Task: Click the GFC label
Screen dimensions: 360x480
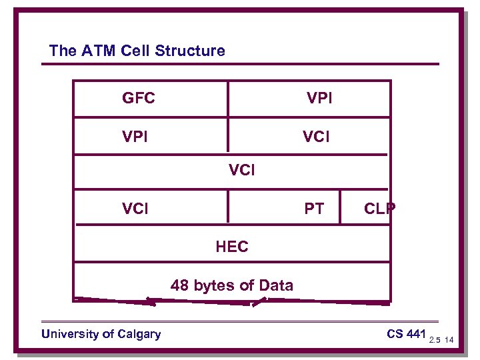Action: [139, 99]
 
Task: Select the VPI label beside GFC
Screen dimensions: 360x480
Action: [319, 99]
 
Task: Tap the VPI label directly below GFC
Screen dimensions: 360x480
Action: [135, 137]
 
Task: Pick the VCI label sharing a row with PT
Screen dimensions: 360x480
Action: [135, 209]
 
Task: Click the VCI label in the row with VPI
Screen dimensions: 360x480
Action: [316, 137]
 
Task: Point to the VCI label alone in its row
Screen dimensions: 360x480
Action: [241, 170]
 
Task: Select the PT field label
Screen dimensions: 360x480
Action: [314, 209]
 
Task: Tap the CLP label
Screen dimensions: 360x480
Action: [379, 209]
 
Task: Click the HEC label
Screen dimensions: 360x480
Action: [232, 247]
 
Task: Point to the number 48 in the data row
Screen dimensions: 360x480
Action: [179, 286]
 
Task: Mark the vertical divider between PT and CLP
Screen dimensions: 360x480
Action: [341, 206]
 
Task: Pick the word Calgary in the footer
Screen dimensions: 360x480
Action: [139, 333]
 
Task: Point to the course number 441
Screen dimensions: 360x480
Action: [415, 333]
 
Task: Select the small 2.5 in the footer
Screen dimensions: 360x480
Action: [435, 340]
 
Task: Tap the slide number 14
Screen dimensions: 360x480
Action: [449, 340]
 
